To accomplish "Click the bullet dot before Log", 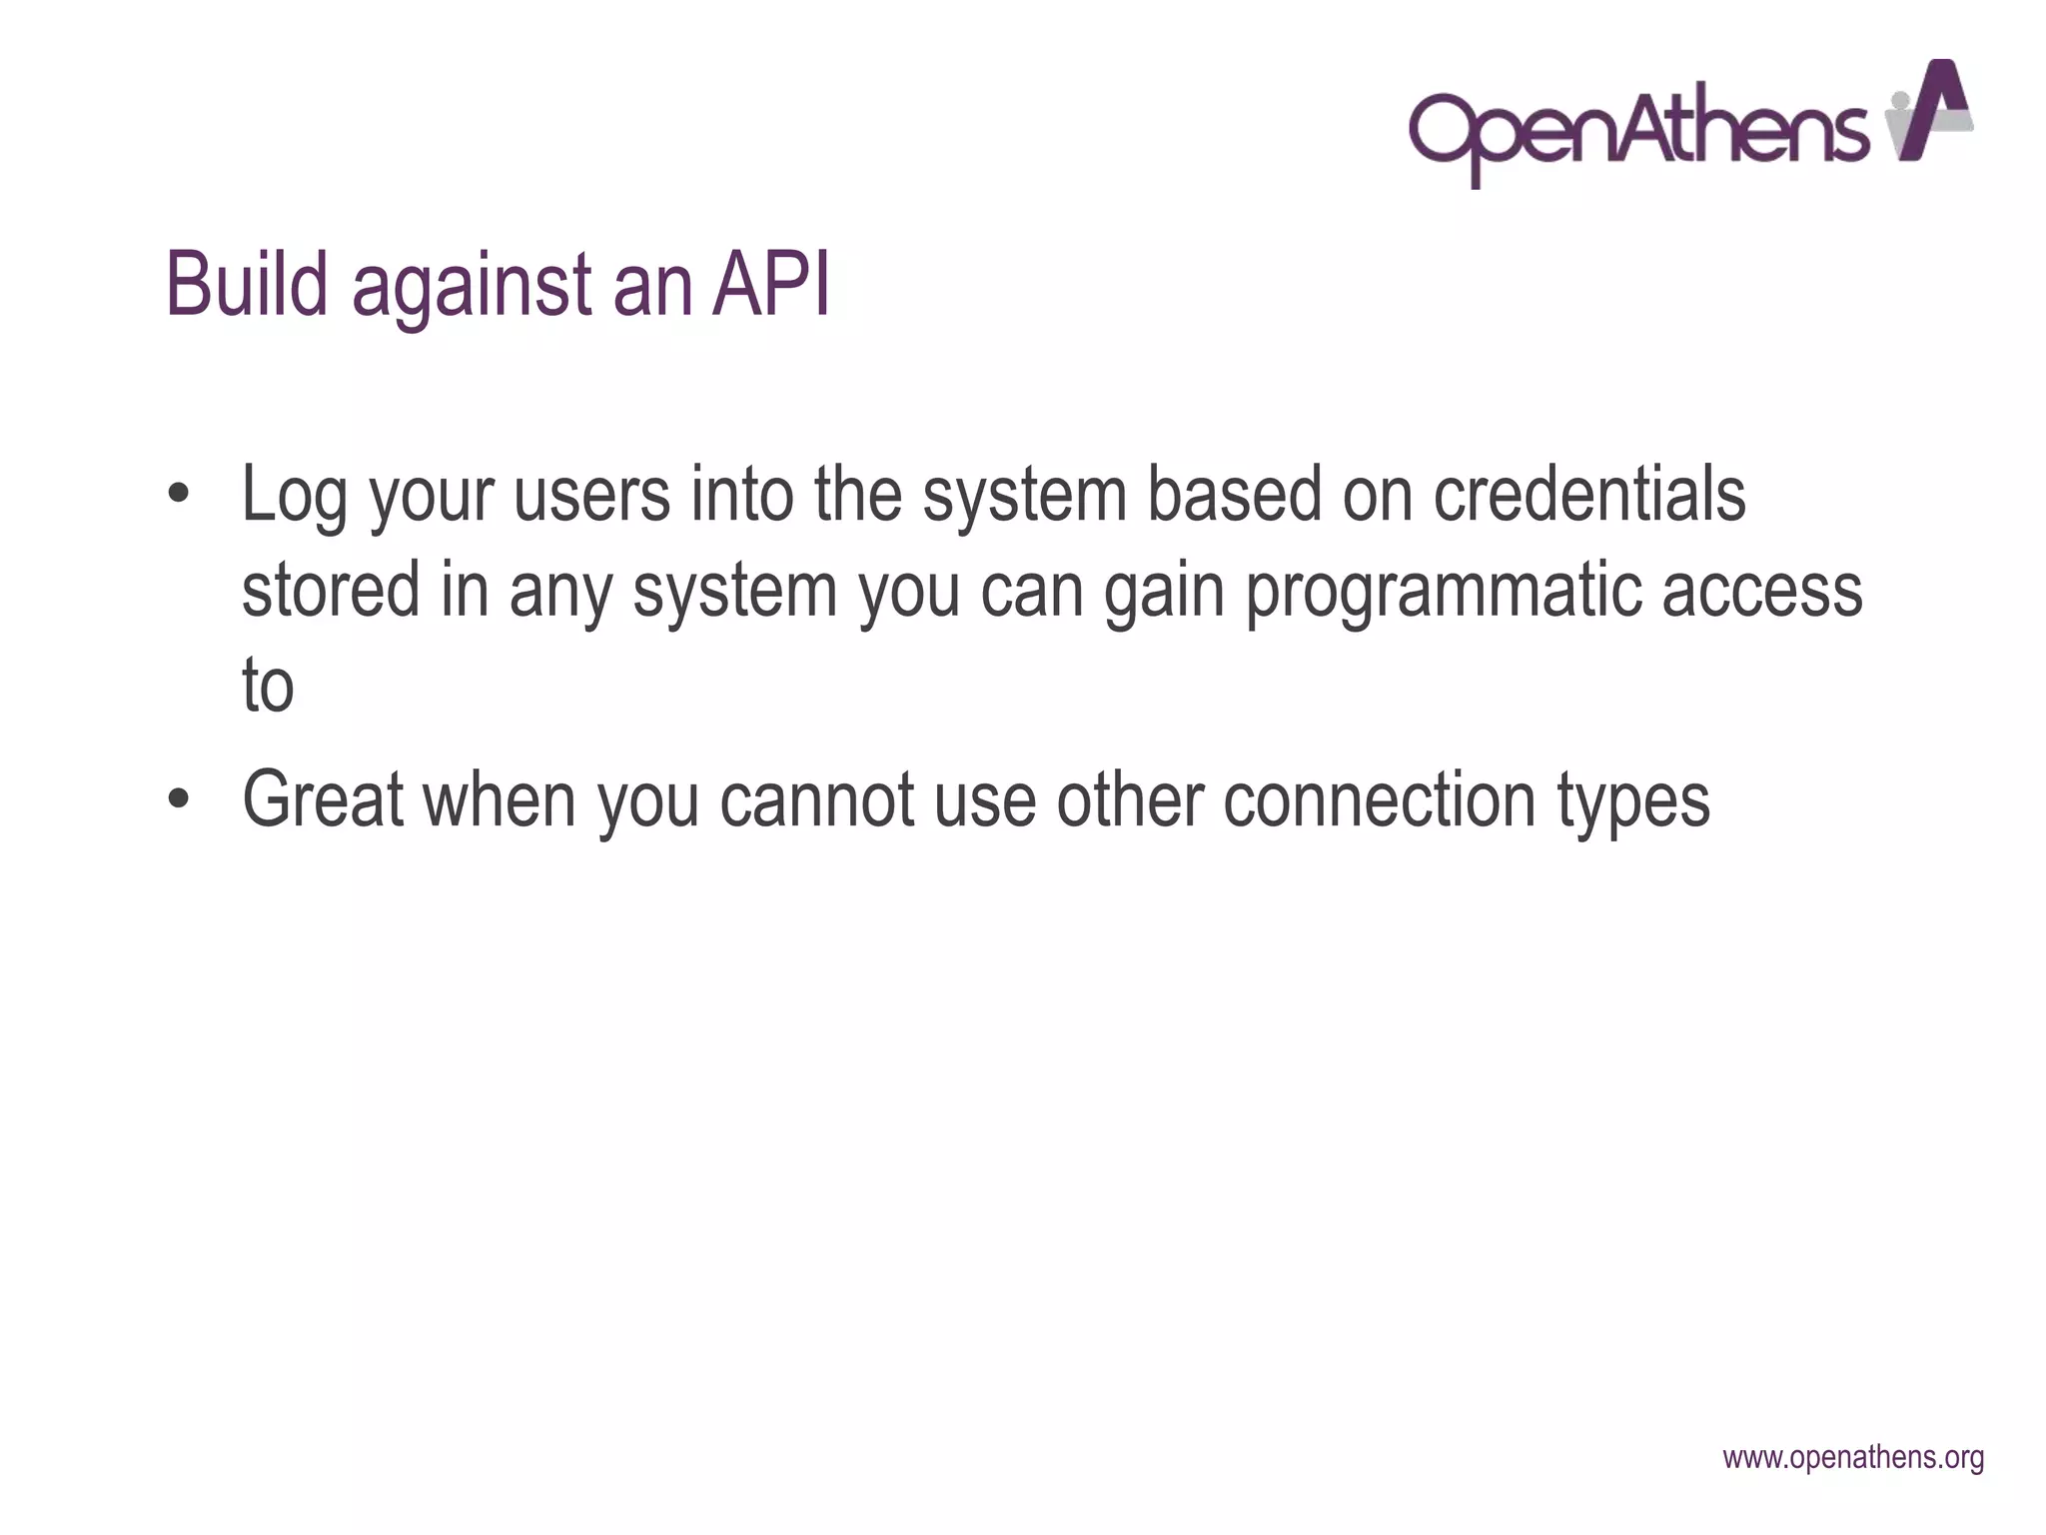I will (179, 495).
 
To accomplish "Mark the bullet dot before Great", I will (179, 799).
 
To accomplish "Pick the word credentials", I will (1589, 494).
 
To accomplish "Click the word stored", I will (331, 590).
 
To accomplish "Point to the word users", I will (591, 496).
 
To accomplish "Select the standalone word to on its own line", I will (268, 687).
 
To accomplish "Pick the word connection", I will (1379, 799).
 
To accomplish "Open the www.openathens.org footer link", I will (1853, 1458).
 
